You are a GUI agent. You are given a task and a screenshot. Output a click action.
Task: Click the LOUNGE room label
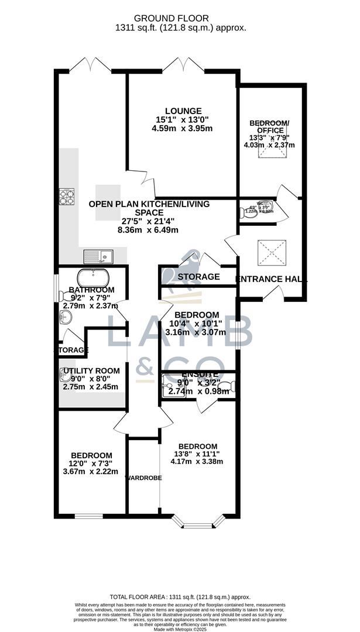183,111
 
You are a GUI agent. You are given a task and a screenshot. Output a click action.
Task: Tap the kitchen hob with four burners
66,197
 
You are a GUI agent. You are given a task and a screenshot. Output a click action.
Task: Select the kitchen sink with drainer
98,256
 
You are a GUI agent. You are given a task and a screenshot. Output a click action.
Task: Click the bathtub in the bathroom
94,277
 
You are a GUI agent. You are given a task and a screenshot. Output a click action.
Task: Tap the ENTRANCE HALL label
271,280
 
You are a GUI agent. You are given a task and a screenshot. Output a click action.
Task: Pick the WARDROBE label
143,478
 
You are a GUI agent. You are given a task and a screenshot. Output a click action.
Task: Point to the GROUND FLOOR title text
180,19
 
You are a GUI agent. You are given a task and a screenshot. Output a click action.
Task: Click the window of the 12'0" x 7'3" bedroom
90,516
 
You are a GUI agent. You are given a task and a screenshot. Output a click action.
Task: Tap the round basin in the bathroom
65,318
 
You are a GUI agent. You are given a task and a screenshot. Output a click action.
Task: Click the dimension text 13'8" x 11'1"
197,454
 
